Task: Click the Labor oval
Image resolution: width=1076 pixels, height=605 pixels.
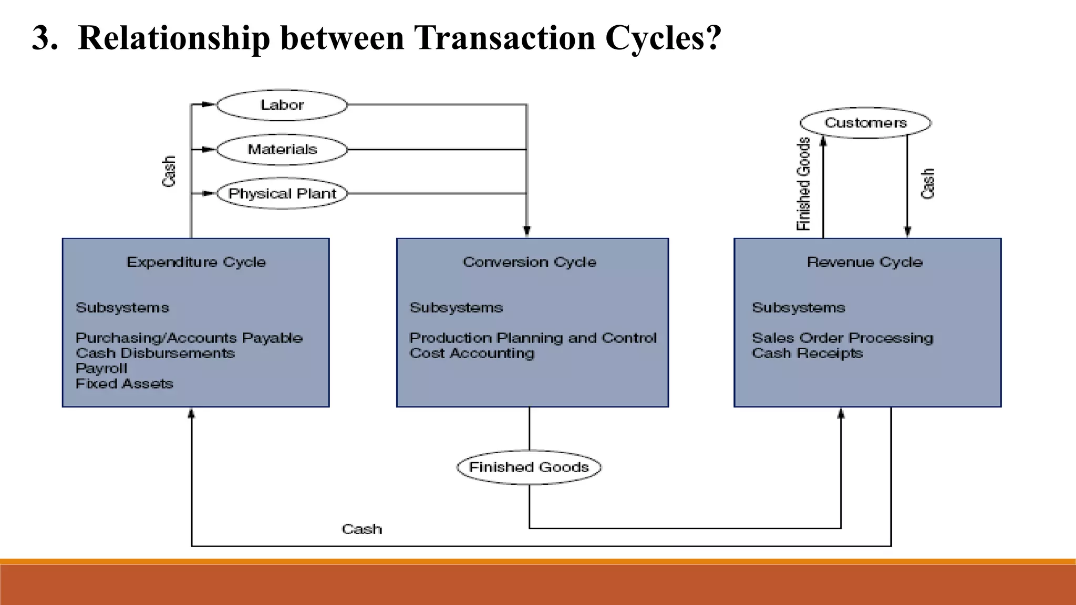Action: tap(282, 105)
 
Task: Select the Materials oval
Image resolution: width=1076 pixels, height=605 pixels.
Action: tap(282, 150)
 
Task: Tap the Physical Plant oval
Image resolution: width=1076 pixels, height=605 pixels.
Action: tap(282, 194)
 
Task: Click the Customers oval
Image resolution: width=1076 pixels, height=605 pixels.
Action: tap(865, 123)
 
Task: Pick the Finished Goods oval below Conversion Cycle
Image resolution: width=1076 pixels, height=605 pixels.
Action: tap(529, 467)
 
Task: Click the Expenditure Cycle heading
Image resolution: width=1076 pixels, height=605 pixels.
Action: tap(196, 262)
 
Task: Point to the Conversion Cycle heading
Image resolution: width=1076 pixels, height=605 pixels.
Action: tap(530, 262)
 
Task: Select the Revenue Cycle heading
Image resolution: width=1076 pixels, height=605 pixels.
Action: tap(865, 262)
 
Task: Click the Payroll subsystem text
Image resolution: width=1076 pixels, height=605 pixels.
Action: tap(101, 369)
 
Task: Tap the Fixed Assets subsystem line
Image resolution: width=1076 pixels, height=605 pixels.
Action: tap(125, 384)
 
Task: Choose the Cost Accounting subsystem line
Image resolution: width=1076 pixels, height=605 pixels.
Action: tap(472, 353)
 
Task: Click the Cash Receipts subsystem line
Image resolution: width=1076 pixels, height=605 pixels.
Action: tap(808, 353)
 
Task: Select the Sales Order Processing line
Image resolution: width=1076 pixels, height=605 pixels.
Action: tap(842, 338)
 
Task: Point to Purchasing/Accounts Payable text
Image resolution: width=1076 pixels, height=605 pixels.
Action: tap(189, 338)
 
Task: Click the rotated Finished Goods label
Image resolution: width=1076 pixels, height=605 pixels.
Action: tap(804, 184)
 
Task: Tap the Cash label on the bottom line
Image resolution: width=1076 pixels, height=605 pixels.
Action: tap(362, 529)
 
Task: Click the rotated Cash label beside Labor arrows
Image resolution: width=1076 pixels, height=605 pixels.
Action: tap(169, 171)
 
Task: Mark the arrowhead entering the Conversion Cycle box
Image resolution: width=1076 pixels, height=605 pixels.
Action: tap(527, 232)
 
